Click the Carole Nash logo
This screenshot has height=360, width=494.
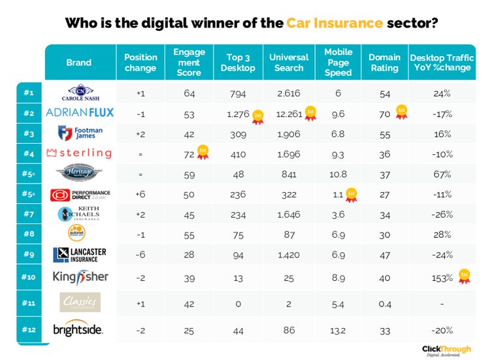[x=79, y=93]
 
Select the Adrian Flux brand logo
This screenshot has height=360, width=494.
[x=79, y=113]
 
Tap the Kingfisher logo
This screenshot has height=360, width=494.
[x=79, y=277]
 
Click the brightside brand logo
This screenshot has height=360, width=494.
[x=78, y=330]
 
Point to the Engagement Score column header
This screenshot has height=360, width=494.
[x=189, y=62]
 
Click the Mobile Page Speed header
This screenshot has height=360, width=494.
[x=338, y=62]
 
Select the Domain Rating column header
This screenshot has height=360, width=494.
[x=384, y=63]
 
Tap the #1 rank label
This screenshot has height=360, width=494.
[x=29, y=93]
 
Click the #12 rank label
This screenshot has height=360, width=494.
[x=29, y=330]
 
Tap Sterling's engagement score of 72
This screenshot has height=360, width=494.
[x=190, y=154]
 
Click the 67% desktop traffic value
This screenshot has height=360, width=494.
[x=442, y=174]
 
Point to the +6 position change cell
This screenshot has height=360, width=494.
[x=140, y=195]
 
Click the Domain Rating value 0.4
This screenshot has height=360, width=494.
[x=384, y=304]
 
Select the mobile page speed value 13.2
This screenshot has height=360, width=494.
[x=338, y=331]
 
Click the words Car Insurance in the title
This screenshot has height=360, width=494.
[x=334, y=23]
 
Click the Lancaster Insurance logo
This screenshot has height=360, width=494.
[x=79, y=255]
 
